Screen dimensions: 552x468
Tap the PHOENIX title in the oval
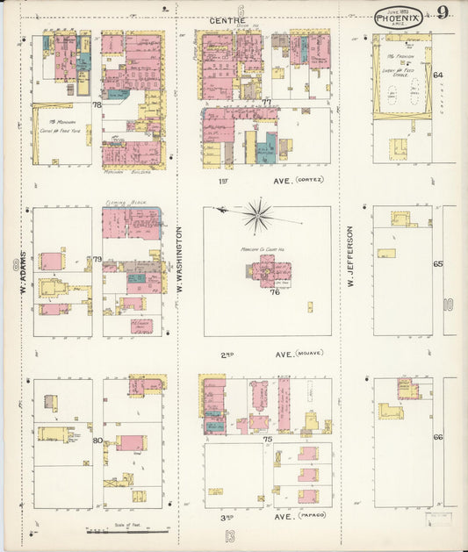point(398,16)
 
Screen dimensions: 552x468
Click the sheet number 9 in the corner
point(443,12)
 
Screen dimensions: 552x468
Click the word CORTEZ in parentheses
point(309,180)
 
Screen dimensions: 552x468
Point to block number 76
point(274,292)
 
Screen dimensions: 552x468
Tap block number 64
point(437,75)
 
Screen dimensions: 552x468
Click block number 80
point(97,440)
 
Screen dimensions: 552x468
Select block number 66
point(437,437)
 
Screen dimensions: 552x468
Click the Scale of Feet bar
point(127,531)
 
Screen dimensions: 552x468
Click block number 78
point(97,104)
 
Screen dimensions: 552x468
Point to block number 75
point(267,439)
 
